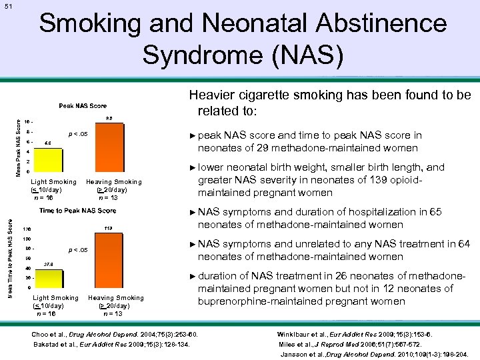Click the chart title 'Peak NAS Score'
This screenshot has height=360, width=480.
pyautogui.click(x=83, y=106)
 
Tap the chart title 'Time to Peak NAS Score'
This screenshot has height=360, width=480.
pyautogui.click(x=78, y=211)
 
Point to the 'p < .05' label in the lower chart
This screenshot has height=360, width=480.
pyautogui.click(x=79, y=251)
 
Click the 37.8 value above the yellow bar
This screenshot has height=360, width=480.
pyautogui.click(x=48, y=265)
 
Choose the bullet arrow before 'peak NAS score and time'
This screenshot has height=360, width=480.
pyautogui.click(x=193, y=135)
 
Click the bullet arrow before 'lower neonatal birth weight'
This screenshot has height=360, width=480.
pyautogui.click(x=193, y=168)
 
